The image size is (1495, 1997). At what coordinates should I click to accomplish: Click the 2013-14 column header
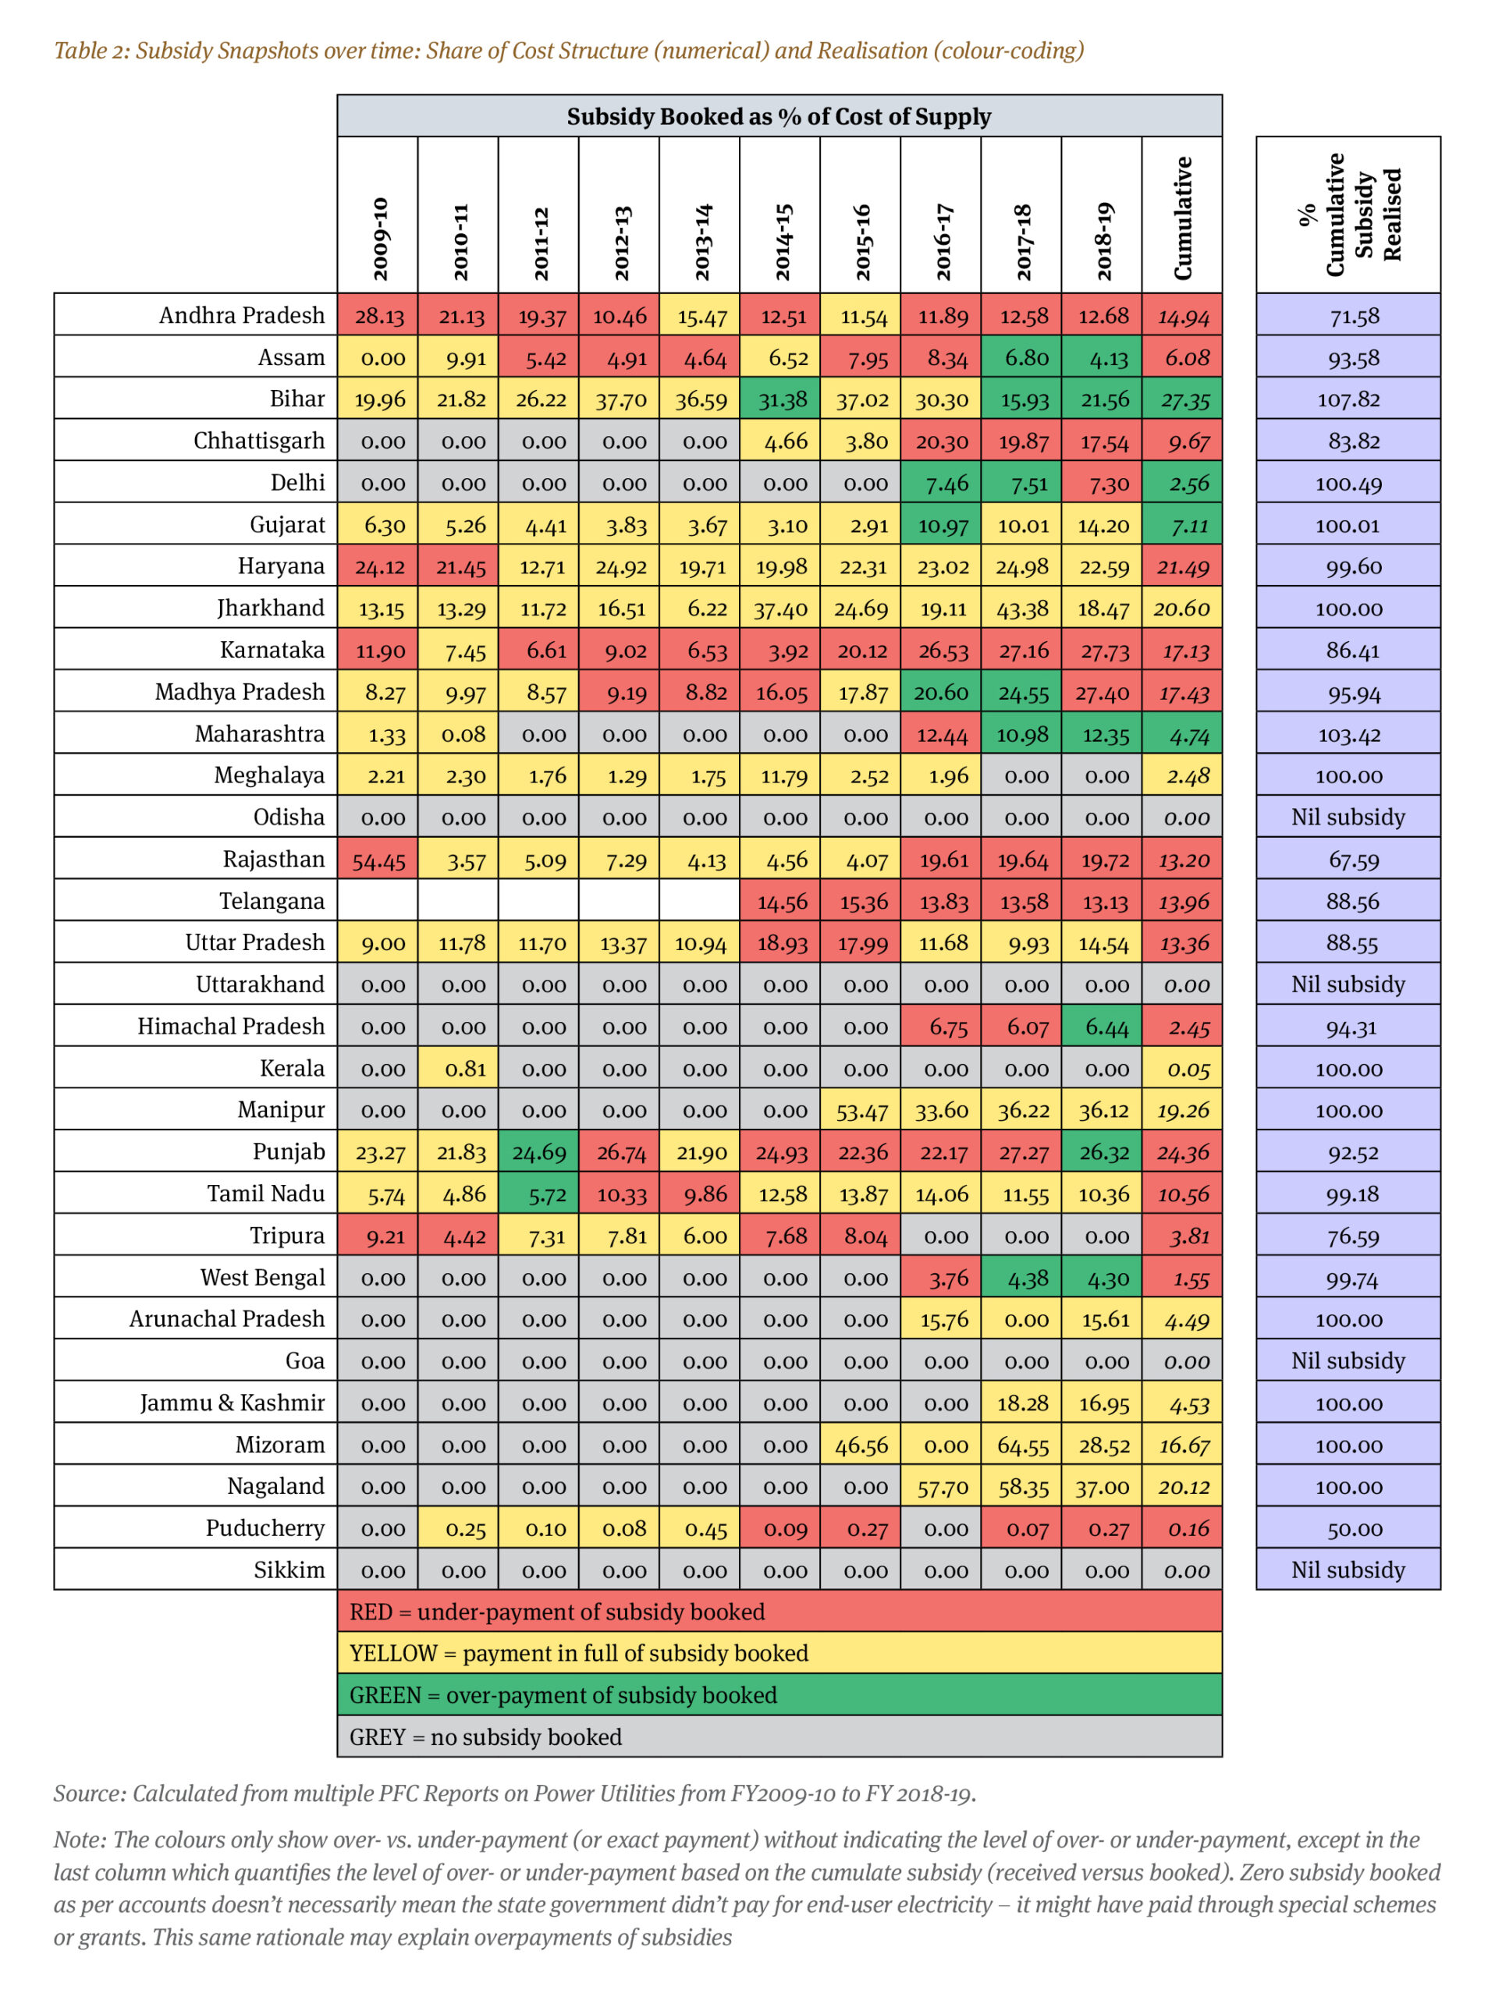[x=700, y=215]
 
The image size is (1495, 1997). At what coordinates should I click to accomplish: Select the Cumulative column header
[x=1182, y=215]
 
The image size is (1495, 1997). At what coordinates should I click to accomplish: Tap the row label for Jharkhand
[x=271, y=608]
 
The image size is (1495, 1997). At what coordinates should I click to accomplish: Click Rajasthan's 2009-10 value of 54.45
[x=378, y=859]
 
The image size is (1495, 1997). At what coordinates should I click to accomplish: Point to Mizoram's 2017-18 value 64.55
[x=1021, y=1445]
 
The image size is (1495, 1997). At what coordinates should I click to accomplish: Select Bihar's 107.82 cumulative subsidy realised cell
[x=1348, y=399]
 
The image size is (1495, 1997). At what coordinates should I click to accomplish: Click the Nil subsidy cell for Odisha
[x=1348, y=817]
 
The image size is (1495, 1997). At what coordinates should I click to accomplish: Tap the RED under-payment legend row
[x=779, y=1612]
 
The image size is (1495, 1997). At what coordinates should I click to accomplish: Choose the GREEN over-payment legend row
[x=779, y=1694]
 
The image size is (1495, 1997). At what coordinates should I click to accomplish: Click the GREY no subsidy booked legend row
[x=779, y=1737]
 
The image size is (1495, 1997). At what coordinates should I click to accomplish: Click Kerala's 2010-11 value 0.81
[x=459, y=1069]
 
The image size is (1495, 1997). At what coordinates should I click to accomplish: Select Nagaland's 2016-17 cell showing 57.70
[x=941, y=1486]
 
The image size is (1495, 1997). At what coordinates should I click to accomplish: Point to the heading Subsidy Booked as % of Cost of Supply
[x=779, y=116]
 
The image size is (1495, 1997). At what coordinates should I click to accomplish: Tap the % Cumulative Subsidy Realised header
[x=1348, y=215]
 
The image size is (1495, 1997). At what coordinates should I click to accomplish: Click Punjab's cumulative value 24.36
[x=1182, y=1152]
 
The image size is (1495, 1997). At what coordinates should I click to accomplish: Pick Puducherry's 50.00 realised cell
[x=1348, y=1527]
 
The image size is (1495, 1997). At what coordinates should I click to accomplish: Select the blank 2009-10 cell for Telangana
[x=378, y=900]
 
